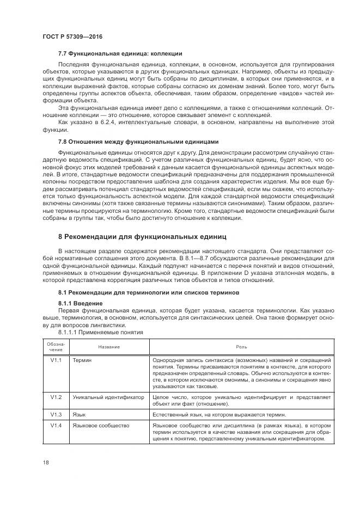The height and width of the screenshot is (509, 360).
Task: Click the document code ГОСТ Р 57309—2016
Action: (x=72, y=36)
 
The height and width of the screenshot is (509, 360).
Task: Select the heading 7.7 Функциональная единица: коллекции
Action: (x=120, y=53)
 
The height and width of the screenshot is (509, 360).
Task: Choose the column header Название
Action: (x=109, y=347)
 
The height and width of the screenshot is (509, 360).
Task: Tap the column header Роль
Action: (x=241, y=347)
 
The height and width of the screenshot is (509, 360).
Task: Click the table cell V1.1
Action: (x=55, y=360)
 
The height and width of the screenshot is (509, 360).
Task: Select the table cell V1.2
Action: (x=55, y=397)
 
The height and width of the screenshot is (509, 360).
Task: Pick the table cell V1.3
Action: (x=55, y=414)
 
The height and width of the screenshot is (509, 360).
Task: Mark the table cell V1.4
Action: (x=55, y=425)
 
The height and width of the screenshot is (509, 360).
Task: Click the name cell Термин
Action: (x=82, y=360)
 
